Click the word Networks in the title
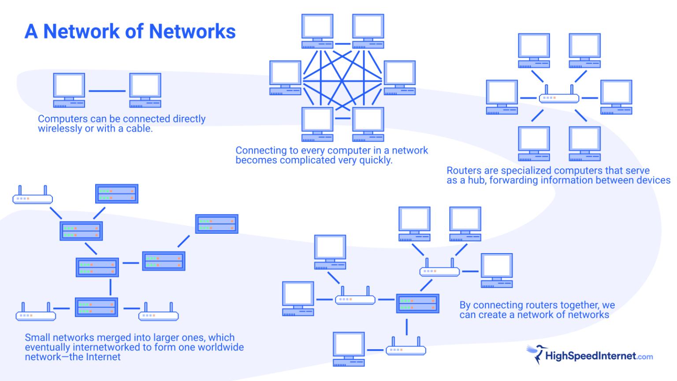tap(192, 31)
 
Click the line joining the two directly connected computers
tap(107, 91)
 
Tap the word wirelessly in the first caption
tap(60, 128)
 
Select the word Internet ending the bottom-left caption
tap(103, 357)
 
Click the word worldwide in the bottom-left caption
tap(220, 347)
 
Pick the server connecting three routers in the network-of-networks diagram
tap(417, 303)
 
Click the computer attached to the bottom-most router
tap(349, 349)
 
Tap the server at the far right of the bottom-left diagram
tap(217, 224)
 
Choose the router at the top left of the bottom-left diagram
tap(33, 195)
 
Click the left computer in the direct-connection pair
tap(69, 90)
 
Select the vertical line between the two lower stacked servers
tap(110, 287)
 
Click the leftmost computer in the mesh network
tap(285, 78)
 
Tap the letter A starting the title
tap(31, 31)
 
